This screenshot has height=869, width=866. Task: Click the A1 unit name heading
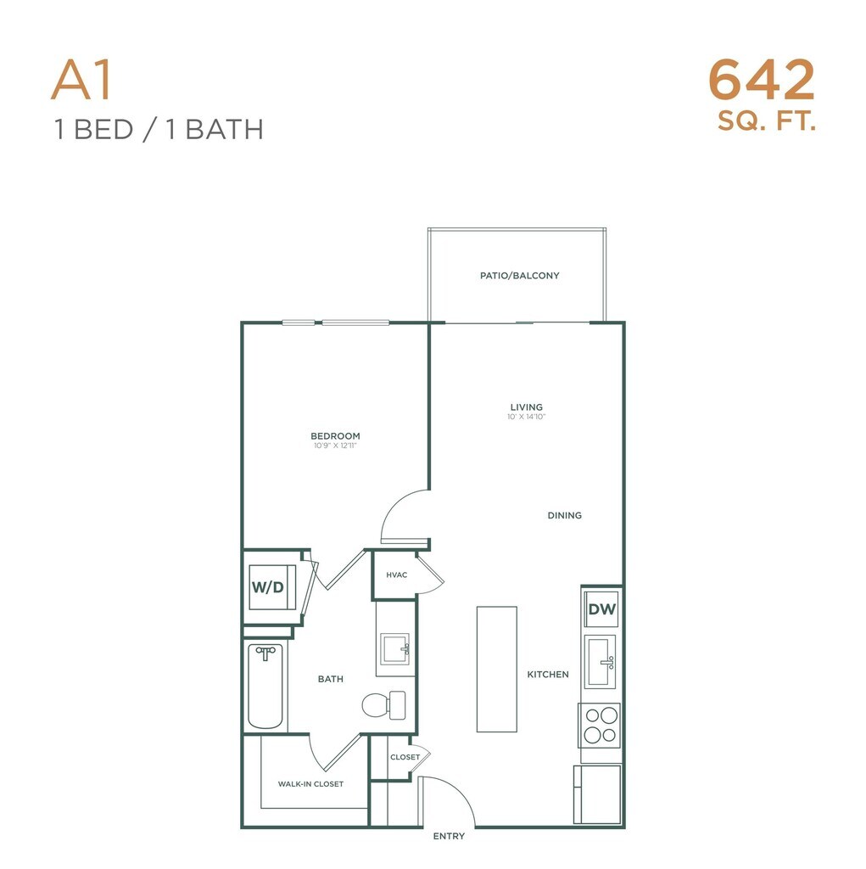pos(81,80)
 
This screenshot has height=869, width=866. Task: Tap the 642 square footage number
pos(762,81)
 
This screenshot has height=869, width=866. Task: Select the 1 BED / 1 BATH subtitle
pos(159,130)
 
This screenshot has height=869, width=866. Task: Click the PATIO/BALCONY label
pos(519,276)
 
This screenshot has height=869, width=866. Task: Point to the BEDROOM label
pos(335,436)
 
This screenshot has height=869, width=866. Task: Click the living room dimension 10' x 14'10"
pos(527,417)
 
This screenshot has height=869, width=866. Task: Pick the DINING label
pos(565,515)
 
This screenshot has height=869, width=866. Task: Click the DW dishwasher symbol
pos(601,609)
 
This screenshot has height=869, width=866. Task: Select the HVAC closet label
pos(397,575)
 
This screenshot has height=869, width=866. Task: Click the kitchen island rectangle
pos(497,670)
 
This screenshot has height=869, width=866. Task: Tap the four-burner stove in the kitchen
pos(600,726)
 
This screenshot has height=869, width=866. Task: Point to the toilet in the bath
pos(383,705)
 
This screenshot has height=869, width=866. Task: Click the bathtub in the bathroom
pos(265,686)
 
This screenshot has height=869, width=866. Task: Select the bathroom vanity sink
pos(395,649)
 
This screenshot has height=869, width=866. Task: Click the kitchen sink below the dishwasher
pos(601,661)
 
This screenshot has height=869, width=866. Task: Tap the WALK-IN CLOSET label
pos(310,784)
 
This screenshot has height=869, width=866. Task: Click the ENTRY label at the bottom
pos(449,836)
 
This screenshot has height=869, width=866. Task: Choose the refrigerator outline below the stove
pos(597,794)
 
